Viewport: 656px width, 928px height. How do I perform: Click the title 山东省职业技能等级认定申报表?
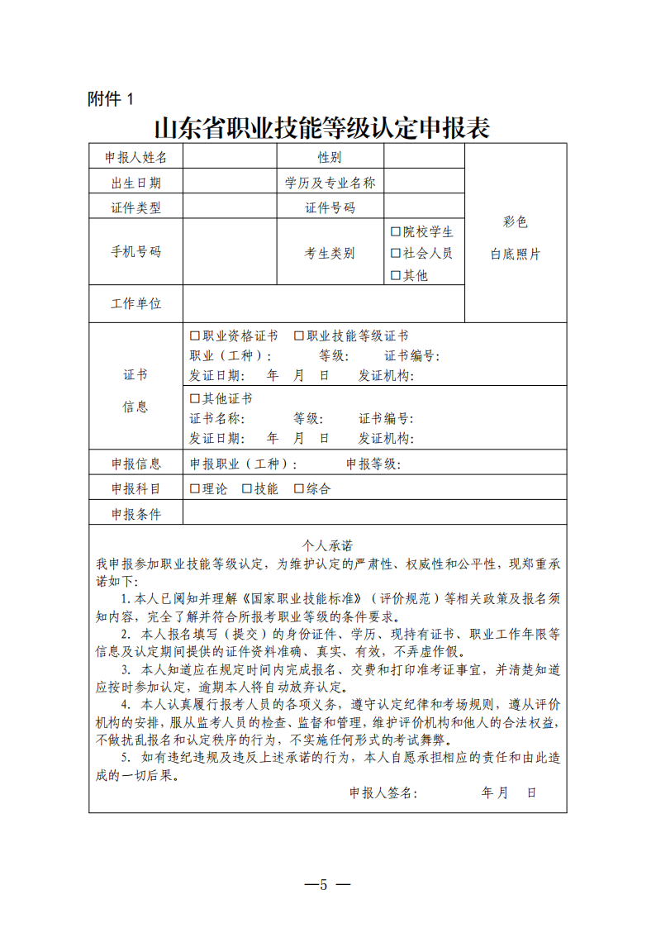tap(321, 128)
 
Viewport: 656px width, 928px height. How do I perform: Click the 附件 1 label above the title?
tap(110, 99)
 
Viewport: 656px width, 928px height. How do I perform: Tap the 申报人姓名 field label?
tap(135, 157)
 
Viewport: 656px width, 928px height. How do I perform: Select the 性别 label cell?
tap(330, 157)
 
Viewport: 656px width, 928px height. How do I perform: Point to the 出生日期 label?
tap(135, 183)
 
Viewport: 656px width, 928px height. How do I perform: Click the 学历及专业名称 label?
tap(330, 183)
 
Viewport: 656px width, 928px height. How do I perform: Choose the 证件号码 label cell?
tap(330, 207)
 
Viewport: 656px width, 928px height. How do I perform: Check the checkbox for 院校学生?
tap(396, 231)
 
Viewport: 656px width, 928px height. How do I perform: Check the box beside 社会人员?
tap(396, 253)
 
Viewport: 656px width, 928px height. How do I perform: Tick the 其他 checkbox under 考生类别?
tap(396, 275)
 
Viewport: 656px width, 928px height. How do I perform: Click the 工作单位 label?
tap(135, 303)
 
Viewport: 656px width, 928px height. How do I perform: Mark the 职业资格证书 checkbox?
tap(195, 336)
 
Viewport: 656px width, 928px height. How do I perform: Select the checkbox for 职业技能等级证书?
tap(299, 336)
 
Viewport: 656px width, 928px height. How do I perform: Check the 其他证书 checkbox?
tap(195, 398)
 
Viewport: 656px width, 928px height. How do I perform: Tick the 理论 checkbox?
tap(195, 488)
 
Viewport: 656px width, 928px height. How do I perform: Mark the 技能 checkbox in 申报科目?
tap(247, 488)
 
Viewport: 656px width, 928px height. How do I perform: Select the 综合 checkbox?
tap(299, 488)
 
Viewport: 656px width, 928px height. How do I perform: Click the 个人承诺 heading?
tap(328, 545)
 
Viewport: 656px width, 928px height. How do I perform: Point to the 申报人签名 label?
tap(383, 792)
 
